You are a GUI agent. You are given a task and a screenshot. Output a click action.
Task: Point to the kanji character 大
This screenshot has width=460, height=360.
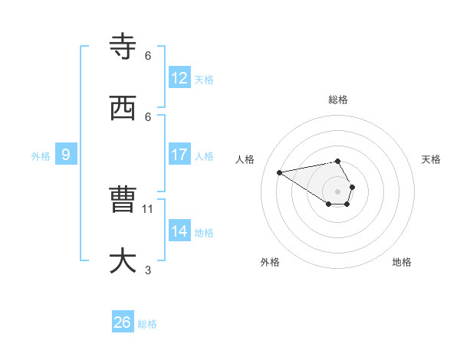123,260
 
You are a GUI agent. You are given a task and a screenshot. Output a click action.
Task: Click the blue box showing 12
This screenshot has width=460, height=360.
179,77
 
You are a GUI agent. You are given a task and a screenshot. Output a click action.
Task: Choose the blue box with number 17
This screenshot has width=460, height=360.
179,154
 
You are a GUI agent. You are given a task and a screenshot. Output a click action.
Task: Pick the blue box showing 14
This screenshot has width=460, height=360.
179,231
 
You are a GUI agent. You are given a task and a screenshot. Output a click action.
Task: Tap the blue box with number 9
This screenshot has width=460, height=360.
66,154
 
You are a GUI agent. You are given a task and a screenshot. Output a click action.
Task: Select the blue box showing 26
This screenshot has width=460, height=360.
123,322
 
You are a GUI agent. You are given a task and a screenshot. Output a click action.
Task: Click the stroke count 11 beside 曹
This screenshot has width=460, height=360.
149,208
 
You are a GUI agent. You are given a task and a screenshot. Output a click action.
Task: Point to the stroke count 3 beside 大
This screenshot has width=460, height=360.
148,270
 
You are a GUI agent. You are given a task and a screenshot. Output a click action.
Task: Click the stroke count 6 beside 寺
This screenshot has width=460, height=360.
148,55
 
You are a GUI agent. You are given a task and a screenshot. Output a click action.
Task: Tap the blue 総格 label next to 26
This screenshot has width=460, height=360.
147,324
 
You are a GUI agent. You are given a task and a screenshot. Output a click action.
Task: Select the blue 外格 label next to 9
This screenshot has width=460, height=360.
41,155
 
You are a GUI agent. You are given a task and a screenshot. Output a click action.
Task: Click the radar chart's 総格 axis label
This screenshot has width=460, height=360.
337,100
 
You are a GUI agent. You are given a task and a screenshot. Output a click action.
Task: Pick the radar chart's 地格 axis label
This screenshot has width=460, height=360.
402,262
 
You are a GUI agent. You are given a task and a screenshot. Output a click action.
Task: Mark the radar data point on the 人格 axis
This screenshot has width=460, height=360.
279,172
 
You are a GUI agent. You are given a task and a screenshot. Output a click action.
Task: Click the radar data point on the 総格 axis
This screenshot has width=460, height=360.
337,161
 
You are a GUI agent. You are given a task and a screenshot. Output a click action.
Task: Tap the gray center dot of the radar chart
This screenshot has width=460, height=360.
337,191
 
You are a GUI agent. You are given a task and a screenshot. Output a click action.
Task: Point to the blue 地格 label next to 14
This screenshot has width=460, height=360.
204,232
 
